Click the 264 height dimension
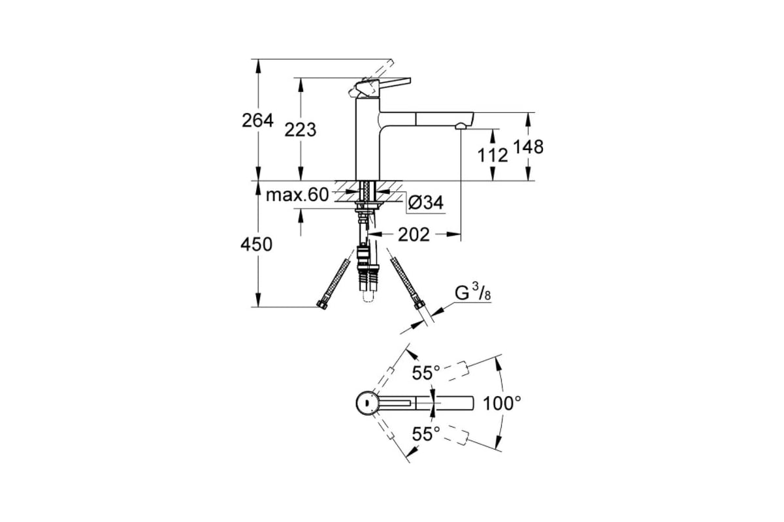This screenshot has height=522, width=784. (x=257, y=121)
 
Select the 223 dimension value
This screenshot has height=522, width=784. (x=300, y=130)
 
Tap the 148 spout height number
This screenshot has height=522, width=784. (x=528, y=147)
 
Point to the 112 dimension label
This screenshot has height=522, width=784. (x=493, y=155)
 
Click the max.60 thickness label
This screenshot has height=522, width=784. (x=297, y=194)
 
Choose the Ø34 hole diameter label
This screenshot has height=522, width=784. (x=425, y=202)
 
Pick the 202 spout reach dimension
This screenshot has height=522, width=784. (x=414, y=235)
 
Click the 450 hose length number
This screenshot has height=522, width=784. (x=256, y=244)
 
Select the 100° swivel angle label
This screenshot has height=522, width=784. (x=502, y=403)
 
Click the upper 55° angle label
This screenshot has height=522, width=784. (x=425, y=373)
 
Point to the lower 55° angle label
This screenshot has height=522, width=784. (x=425, y=434)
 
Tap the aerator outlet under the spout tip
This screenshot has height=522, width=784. (x=460, y=127)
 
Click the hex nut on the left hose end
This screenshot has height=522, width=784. (x=322, y=305)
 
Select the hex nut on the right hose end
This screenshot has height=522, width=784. (x=419, y=304)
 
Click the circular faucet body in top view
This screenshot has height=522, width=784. (x=367, y=403)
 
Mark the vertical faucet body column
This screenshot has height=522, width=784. (x=367, y=139)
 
